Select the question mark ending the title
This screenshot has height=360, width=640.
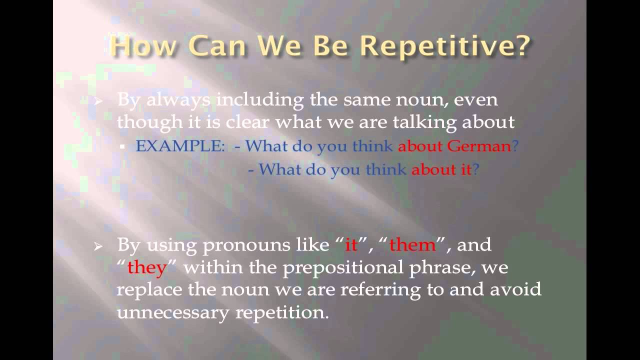tap(521, 45)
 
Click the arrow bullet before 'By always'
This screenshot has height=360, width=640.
tap(98, 101)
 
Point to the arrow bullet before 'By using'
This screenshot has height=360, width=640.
tap(98, 246)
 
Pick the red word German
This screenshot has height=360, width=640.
tap(479, 146)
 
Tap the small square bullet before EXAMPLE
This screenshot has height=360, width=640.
tap(122, 147)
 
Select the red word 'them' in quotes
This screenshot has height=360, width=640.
tap(412, 245)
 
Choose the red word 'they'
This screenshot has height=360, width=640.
tap(147, 268)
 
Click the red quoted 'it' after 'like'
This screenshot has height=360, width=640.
tap(351, 245)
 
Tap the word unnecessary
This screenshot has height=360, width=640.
tap(173, 312)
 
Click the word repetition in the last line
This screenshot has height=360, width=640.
tap(282, 312)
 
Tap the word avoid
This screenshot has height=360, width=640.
tap(515, 289)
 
